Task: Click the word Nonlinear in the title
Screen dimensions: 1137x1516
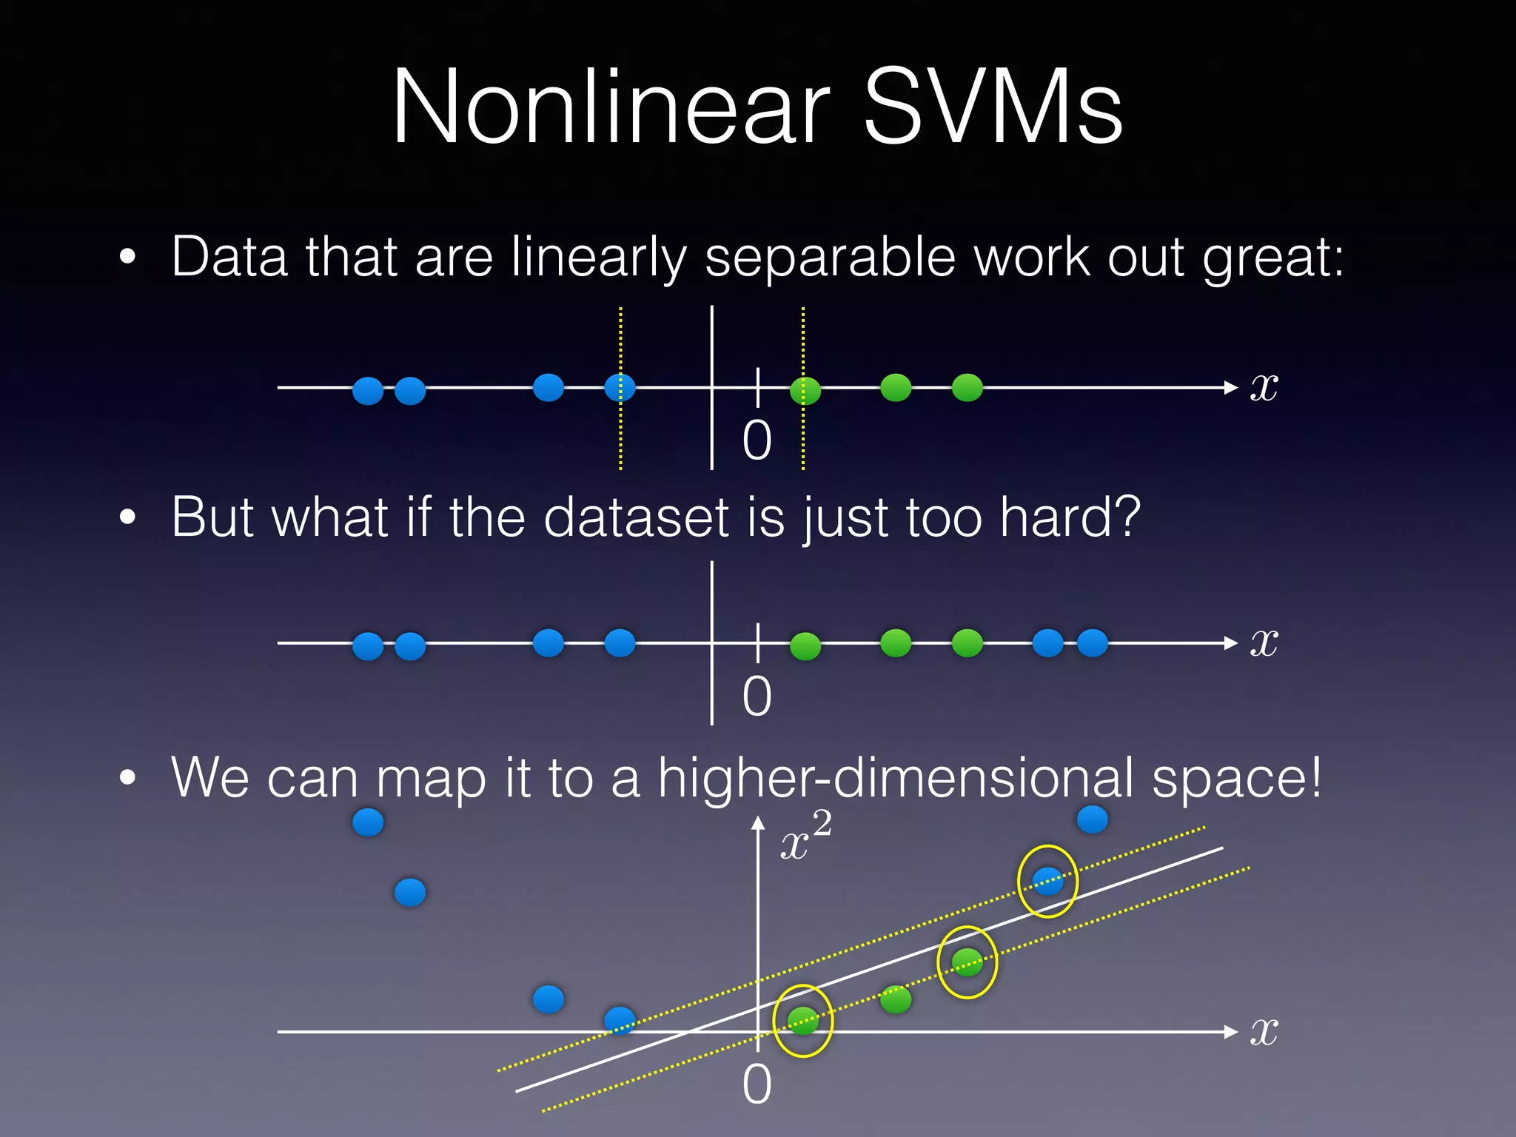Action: [x=611, y=107]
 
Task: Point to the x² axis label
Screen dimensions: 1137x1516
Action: [x=805, y=836]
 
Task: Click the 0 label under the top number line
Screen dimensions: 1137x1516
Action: [x=757, y=440]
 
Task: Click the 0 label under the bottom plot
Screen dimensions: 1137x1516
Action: [x=757, y=1085]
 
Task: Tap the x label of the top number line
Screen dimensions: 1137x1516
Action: [x=1264, y=386]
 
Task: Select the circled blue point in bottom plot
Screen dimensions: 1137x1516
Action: [x=1047, y=881]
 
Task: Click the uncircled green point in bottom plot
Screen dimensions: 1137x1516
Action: [x=896, y=999]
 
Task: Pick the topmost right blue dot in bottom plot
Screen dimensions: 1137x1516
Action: [x=1092, y=819]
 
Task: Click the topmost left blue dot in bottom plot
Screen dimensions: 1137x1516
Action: [x=368, y=822]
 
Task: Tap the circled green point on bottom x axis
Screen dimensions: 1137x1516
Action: [x=803, y=1021]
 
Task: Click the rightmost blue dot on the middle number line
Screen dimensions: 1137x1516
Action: [x=1092, y=643]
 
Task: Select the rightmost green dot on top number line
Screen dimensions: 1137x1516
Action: [x=967, y=387]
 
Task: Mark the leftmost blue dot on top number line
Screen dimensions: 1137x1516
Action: [x=368, y=390]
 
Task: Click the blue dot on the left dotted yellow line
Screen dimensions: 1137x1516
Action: [x=620, y=387]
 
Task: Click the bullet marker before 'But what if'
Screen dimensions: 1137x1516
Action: [x=127, y=517]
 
